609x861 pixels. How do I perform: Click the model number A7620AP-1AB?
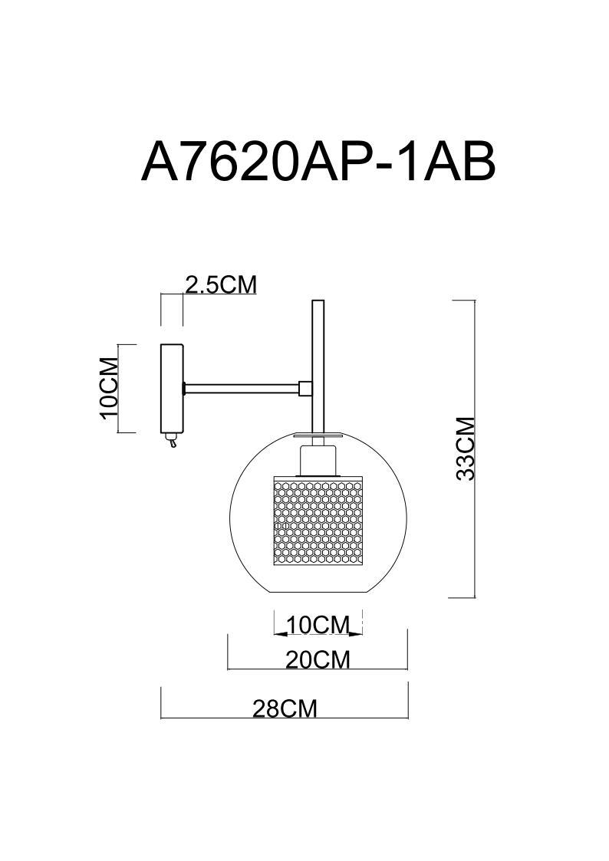(318, 162)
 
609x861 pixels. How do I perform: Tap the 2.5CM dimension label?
(220, 284)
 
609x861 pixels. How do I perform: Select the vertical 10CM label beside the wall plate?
(110, 388)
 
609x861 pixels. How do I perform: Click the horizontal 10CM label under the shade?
(318, 625)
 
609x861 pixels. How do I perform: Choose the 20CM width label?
(318, 659)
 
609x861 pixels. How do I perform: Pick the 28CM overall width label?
(285, 708)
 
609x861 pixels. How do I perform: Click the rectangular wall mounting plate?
(171, 388)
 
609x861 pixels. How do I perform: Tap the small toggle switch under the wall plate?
(173, 441)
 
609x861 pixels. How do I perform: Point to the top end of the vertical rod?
(318, 304)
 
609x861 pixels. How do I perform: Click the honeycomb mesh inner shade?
(318, 521)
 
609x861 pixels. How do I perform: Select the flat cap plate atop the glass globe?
(318, 437)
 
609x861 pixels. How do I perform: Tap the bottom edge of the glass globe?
(318, 597)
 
